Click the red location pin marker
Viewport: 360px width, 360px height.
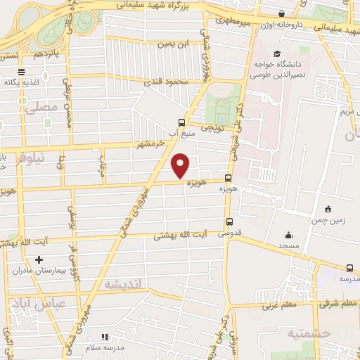pyautogui.click(x=181, y=166)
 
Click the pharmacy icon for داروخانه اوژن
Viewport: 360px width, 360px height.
pyautogui.click(x=282, y=13)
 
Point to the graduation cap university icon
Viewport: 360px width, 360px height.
pyautogui.click(x=277, y=54)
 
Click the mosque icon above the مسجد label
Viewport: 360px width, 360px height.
pyautogui.click(x=288, y=236)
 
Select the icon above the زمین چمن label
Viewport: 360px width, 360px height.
pyautogui.click(x=328, y=209)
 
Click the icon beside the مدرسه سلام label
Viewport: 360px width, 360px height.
pyautogui.click(x=105, y=337)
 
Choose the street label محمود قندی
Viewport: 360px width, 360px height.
pyautogui.click(x=164, y=83)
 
